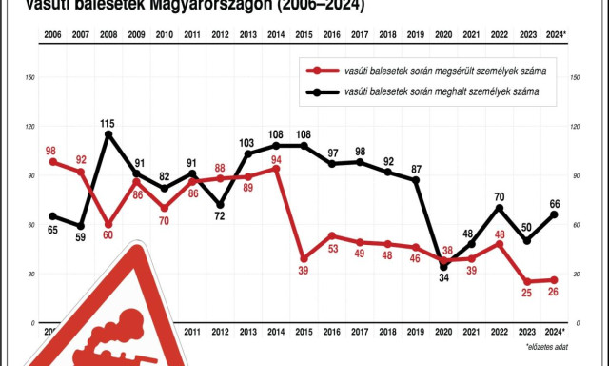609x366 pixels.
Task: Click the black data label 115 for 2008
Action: [108, 123]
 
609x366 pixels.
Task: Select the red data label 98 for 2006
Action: [51, 151]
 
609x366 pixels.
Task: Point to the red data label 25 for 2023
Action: [525, 292]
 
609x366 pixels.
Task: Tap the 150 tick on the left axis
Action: [31, 77]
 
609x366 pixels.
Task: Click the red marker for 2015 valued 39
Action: [304, 258]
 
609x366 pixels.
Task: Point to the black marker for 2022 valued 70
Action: [499, 208]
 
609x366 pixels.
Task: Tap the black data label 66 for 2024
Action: [555, 202]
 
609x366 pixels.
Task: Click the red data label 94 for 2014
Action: [276, 159]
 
